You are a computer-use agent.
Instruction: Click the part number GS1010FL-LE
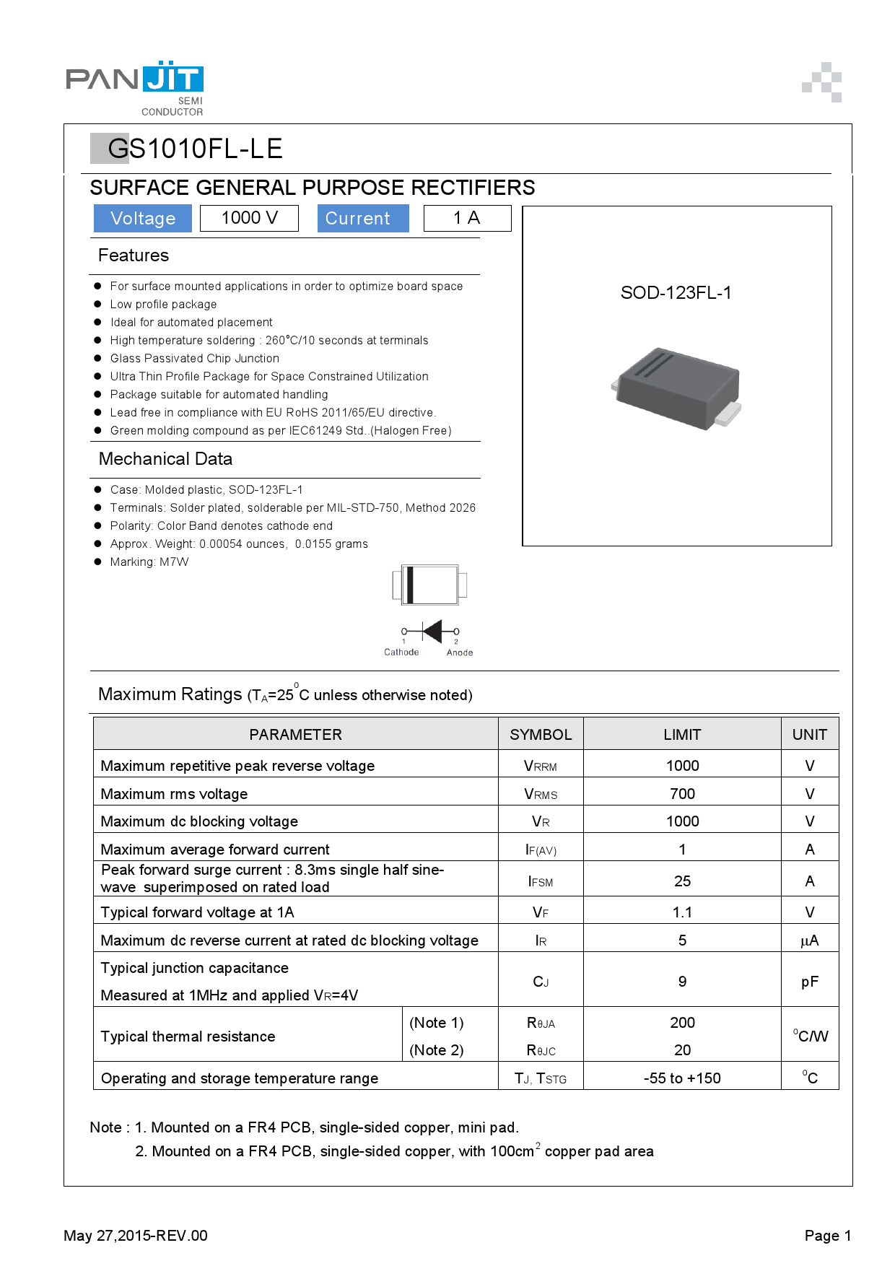[x=194, y=149]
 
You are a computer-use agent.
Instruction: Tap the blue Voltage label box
[x=143, y=219]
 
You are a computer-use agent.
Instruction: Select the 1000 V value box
[x=249, y=218]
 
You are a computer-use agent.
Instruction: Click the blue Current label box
[x=363, y=219]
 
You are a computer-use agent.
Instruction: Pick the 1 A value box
[x=466, y=218]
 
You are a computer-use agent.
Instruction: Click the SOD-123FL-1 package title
[x=676, y=292]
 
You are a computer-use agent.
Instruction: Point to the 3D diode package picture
[x=676, y=388]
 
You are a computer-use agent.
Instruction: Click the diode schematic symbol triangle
[x=432, y=631]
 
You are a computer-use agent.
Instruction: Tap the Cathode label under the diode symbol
[x=401, y=652]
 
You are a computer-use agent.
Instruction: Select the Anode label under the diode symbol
[x=460, y=652]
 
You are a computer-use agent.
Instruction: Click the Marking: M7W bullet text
[x=149, y=562]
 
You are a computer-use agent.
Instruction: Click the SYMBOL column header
[x=541, y=735]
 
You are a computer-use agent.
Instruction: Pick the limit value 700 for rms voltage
[x=682, y=794]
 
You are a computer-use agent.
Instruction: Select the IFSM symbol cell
[x=541, y=881]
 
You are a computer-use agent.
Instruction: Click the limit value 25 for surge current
[x=682, y=881]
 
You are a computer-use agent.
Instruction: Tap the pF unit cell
[x=809, y=982]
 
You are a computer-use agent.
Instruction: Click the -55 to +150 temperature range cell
[x=682, y=1078]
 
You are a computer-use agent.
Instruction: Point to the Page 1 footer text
[x=827, y=1236]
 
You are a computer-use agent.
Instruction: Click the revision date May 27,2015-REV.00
[x=136, y=1236]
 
